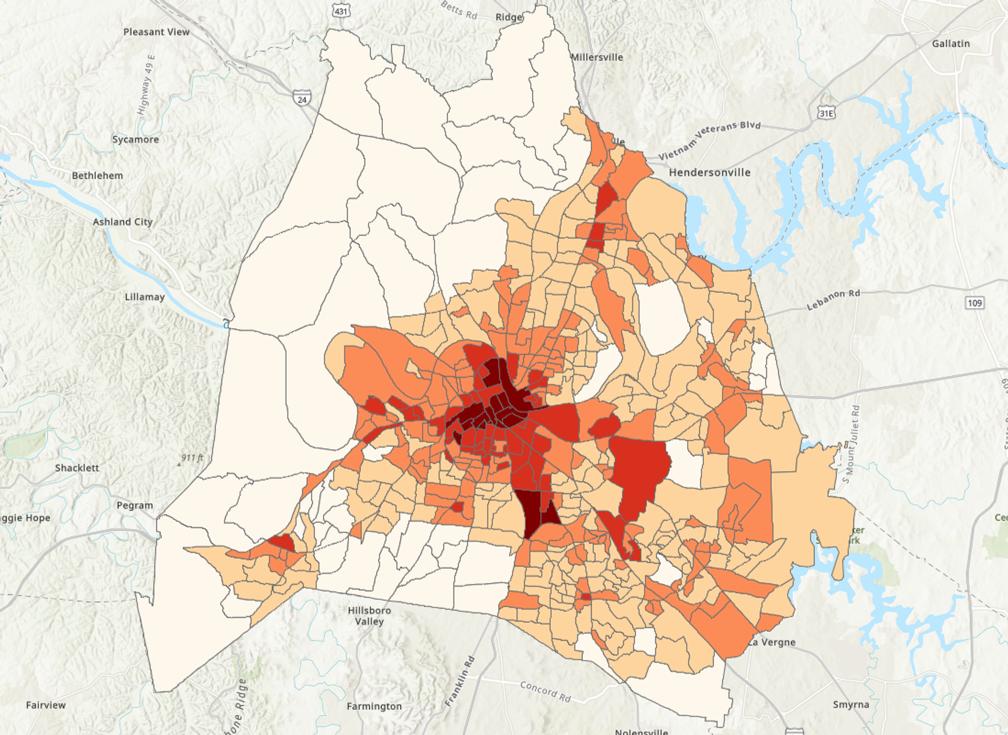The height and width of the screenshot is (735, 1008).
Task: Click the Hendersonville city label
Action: (709, 173)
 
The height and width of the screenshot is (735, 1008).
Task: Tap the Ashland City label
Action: (122, 222)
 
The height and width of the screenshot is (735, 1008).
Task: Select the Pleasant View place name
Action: (156, 32)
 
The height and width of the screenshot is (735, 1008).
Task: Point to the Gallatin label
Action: (950, 44)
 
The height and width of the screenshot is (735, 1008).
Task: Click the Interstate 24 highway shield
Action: (302, 99)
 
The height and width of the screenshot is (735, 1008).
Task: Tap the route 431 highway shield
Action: (341, 10)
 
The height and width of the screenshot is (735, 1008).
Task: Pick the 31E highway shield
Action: (826, 113)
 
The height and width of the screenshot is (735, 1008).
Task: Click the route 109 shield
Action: (974, 303)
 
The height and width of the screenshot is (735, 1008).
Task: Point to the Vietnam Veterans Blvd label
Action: (709, 140)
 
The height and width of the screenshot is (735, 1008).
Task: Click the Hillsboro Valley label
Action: (369, 616)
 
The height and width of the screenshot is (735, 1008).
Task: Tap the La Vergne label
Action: (772, 642)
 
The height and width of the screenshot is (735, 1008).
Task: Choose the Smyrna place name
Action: (850, 705)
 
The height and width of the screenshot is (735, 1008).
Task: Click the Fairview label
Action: (46, 705)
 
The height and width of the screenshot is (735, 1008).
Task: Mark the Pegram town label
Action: (134, 505)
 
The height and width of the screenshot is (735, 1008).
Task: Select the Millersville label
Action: (597, 57)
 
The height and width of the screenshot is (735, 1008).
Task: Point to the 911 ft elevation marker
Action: (192, 458)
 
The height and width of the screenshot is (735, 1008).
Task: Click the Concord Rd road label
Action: (545, 691)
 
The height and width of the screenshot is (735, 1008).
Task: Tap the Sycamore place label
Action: (135, 140)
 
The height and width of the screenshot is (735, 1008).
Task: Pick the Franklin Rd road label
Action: (459, 680)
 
